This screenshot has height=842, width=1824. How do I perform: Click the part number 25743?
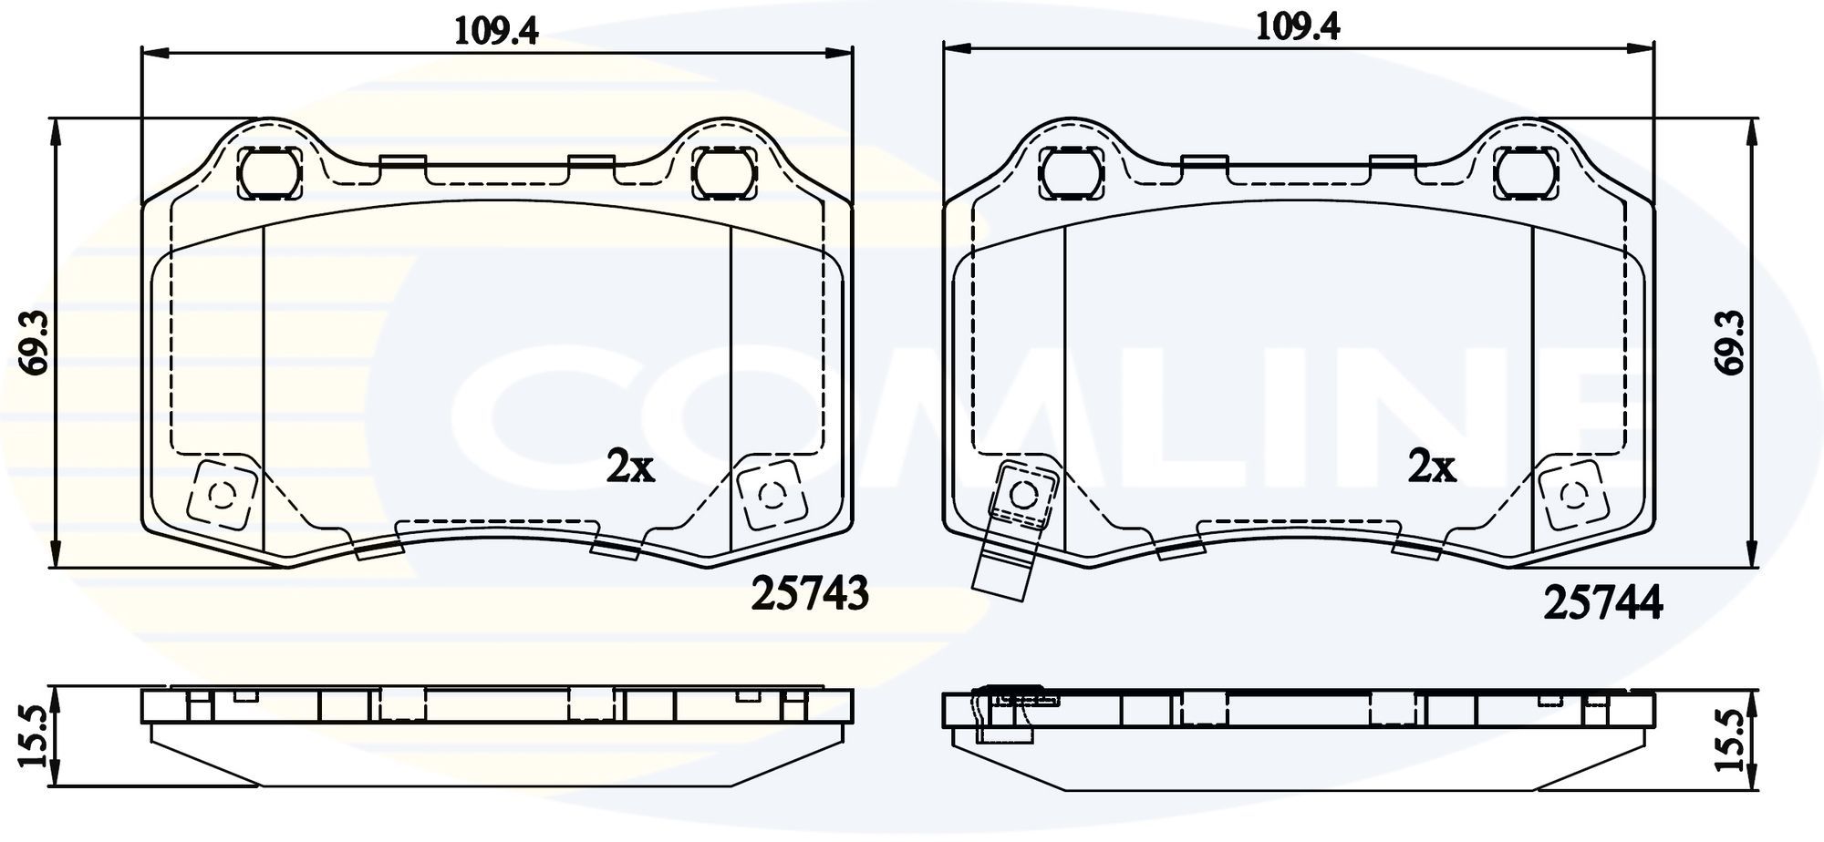[x=809, y=595]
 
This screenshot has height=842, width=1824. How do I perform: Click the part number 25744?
[x=1602, y=603]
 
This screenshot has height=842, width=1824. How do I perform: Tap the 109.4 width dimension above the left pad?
[x=497, y=32]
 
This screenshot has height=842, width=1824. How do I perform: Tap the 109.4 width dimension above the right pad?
[x=1298, y=27]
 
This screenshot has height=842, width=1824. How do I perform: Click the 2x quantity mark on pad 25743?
[x=630, y=467]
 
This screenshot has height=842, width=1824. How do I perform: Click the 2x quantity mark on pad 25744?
[x=1432, y=467]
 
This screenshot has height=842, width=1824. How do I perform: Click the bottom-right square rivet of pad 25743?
[x=771, y=495]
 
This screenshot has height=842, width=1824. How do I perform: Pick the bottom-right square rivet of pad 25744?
[x=1571, y=495]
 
